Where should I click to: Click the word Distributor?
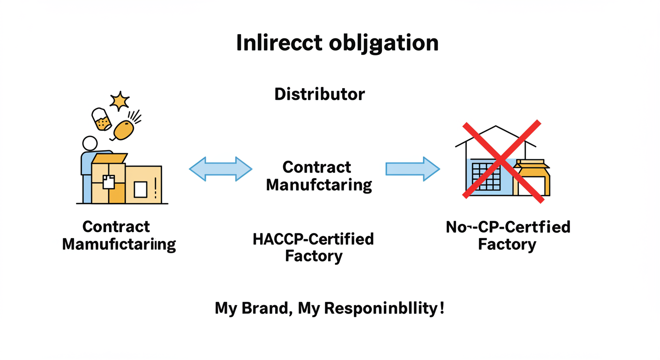[x=319, y=94]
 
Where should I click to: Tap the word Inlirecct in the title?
[x=279, y=43]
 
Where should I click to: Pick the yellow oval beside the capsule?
[x=124, y=130]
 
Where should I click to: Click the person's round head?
[x=90, y=143]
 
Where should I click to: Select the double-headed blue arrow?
[x=220, y=169]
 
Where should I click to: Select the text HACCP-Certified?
[x=313, y=239]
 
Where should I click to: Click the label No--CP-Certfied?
[x=508, y=227]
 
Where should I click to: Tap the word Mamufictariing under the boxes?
[x=119, y=244]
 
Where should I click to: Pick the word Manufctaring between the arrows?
[x=319, y=185]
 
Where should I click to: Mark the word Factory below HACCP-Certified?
[x=313, y=256]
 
